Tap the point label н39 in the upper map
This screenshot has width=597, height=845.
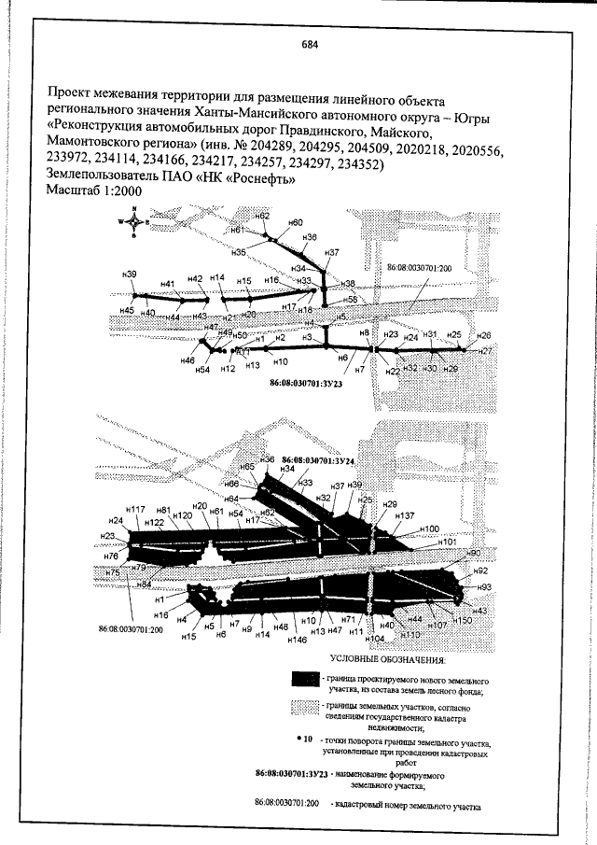pos(130,274)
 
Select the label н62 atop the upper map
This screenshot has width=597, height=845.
pos(263,216)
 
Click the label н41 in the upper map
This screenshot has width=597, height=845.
pos(168,284)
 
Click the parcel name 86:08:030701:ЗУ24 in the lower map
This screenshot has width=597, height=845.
pos(319,460)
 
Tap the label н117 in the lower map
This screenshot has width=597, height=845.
pos(136,510)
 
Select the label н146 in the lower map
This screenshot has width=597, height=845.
pos(297,641)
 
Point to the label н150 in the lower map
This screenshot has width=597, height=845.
pos(463,620)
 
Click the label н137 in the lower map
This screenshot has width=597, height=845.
pos(404,515)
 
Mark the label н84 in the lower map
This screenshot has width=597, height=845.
pos(144,584)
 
